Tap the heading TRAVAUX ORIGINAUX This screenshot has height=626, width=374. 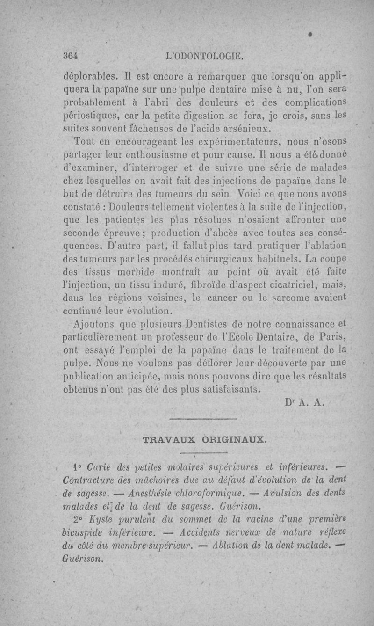204,440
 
